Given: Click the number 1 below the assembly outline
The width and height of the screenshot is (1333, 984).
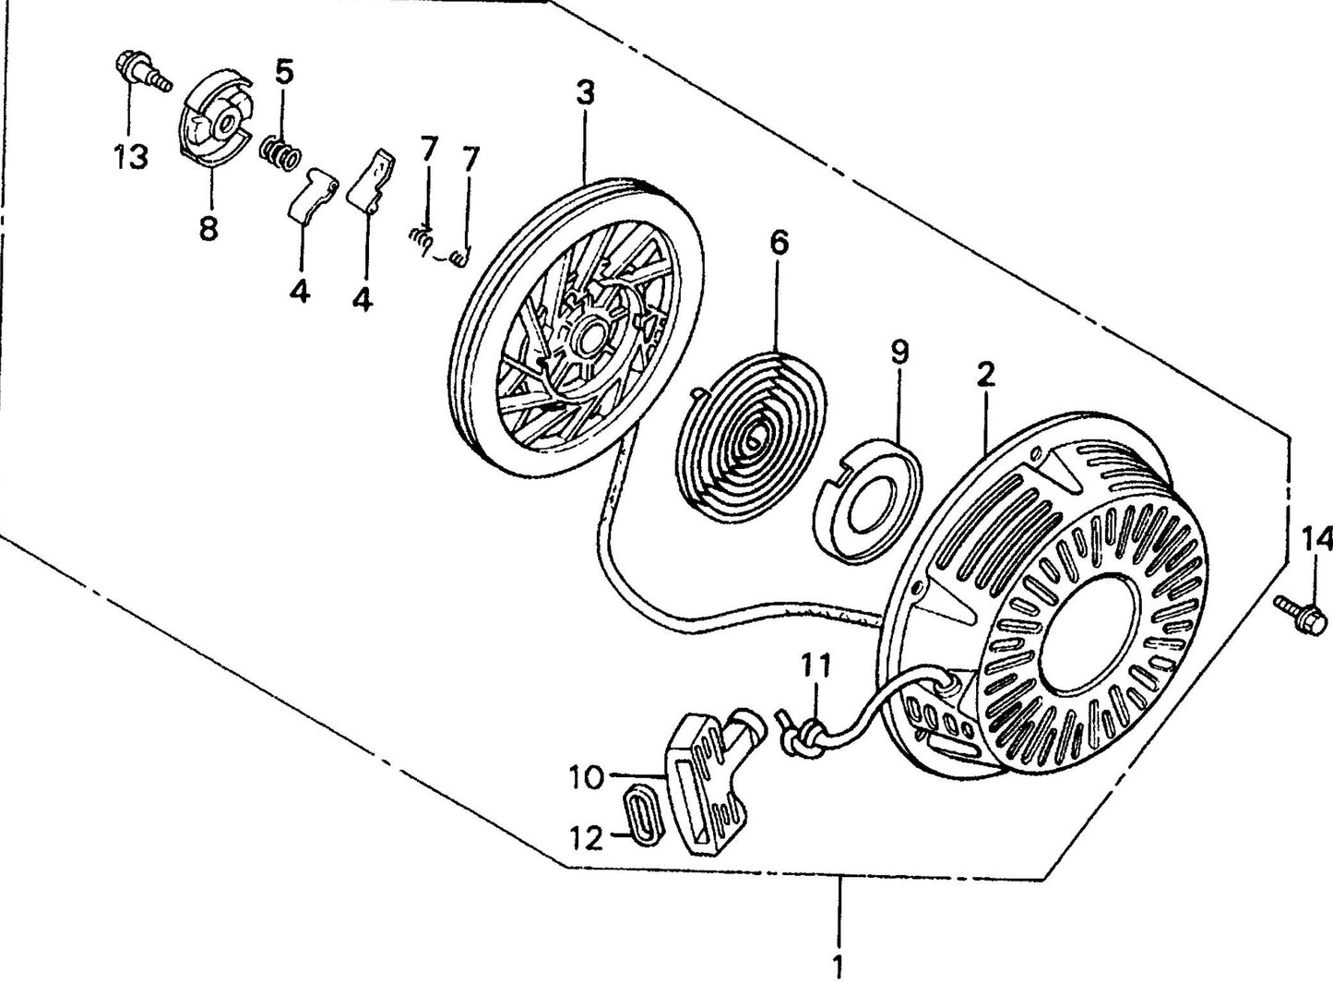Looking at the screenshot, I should pos(838,967).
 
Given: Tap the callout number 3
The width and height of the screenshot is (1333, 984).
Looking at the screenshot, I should pos(586,93).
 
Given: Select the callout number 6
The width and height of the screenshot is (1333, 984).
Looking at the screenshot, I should pos(779,244).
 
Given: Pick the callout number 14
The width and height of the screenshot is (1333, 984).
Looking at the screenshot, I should pos(1316,538).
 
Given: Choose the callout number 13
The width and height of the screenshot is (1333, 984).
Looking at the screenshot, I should pos(131,157).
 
